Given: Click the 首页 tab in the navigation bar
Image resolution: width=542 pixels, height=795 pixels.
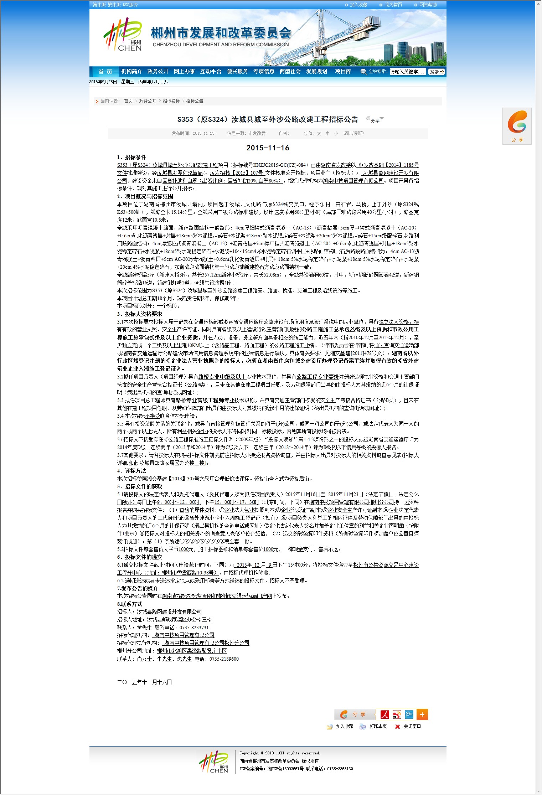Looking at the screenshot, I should click(105, 72).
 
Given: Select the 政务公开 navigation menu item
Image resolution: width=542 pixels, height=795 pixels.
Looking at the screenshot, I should click(158, 72).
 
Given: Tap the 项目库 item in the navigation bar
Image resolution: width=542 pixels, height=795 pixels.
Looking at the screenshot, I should click(343, 72).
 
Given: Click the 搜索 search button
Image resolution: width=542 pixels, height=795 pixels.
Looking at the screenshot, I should click(436, 72).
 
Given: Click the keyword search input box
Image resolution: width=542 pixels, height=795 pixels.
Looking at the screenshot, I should click(408, 72).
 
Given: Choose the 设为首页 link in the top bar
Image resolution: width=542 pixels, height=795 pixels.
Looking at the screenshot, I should click(393, 5).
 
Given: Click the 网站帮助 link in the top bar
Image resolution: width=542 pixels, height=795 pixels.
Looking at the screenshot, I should click(428, 5).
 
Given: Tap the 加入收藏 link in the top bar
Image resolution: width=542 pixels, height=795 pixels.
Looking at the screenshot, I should click(358, 5).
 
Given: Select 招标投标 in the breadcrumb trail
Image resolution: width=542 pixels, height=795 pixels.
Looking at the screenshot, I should click(171, 101).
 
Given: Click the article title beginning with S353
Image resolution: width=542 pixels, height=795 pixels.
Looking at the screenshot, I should click(268, 120).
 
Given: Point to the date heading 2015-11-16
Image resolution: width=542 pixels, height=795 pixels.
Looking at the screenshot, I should click(268, 148).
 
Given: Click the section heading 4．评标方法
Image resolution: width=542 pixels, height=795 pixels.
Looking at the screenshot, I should click(131, 471).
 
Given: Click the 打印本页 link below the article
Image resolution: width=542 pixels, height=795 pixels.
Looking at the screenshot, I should click(378, 727).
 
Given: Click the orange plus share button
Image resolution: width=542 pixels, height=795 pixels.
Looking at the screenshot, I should click(422, 714).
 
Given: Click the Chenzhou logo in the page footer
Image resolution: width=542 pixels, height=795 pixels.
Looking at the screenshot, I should click(213, 762).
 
